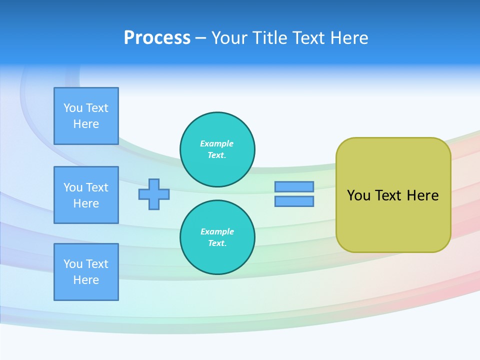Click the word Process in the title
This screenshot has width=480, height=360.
tap(157, 38)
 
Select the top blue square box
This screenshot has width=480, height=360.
tap(86, 116)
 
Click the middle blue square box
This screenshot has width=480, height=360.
tap(86, 195)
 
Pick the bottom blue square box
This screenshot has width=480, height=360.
tap(86, 272)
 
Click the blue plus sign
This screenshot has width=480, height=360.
tap(154, 194)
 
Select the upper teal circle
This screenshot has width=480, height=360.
tap(217, 149)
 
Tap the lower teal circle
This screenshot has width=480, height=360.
tap(217, 237)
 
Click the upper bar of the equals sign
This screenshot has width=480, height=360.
tap(294, 186)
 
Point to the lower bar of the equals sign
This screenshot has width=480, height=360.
tap(294, 201)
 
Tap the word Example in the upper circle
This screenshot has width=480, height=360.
tap(216, 143)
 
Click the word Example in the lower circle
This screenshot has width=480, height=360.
tap(217, 231)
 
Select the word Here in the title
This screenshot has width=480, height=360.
tap(350, 38)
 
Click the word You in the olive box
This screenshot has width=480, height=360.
tap(358, 195)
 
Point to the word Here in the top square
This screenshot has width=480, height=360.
tap(86, 124)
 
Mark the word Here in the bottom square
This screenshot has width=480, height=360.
tap(86, 280)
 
